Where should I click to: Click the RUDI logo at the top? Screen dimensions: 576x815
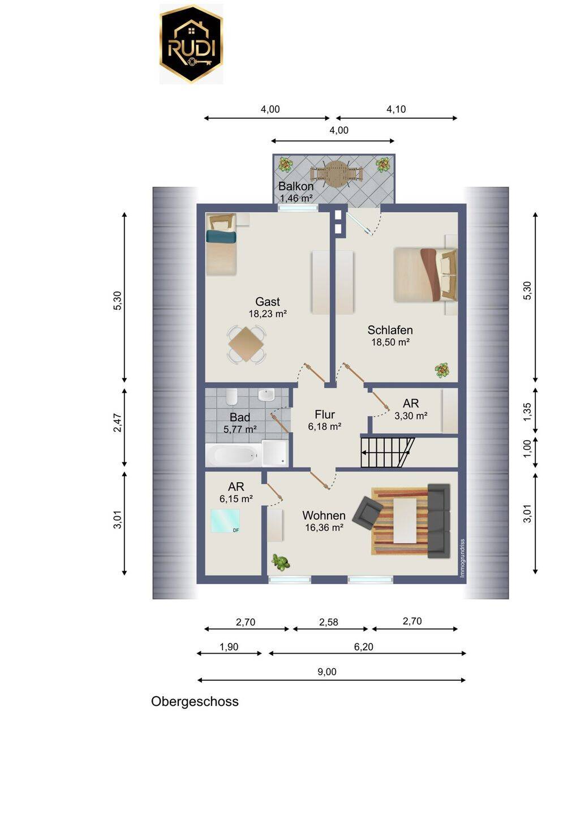(x=191, y=44)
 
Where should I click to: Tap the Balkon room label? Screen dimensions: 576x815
(x=295, y=186)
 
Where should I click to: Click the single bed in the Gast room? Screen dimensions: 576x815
(x=221, y=244)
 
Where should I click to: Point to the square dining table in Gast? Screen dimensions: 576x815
(x=246, y=344)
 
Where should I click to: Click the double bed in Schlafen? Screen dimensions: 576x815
(x=425, y=274)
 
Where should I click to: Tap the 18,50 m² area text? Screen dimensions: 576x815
(x=390, y=342)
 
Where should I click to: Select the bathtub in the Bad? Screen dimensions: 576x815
(x=234, y=455)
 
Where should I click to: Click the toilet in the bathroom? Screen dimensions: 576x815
(x=231, y=397)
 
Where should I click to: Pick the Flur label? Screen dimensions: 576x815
(x=325, y=414)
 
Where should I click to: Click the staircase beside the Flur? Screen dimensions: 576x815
(x=387, y=452)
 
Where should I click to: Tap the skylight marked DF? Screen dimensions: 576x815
(x=225, y=521)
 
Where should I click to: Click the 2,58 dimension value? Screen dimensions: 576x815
(x=328, y=623)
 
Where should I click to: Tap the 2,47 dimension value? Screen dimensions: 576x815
(x=117, y=423)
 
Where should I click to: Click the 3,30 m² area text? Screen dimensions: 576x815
(x=411, y=415)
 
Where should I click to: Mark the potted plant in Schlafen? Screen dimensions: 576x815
(x=442, y=370)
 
